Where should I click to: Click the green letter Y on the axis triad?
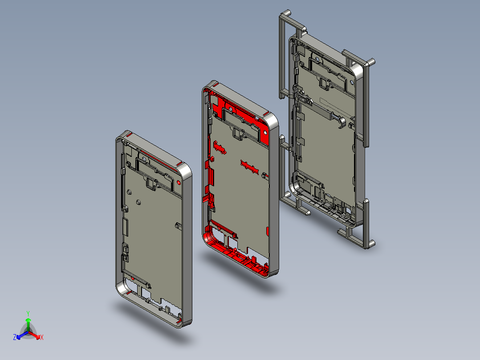tap(28, 313)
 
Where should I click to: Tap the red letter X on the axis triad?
tap(42, 337)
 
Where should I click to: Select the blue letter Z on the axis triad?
tap(15, 337)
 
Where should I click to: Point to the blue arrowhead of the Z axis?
tap(19, 337)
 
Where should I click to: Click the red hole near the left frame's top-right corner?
tap(179, 183)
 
